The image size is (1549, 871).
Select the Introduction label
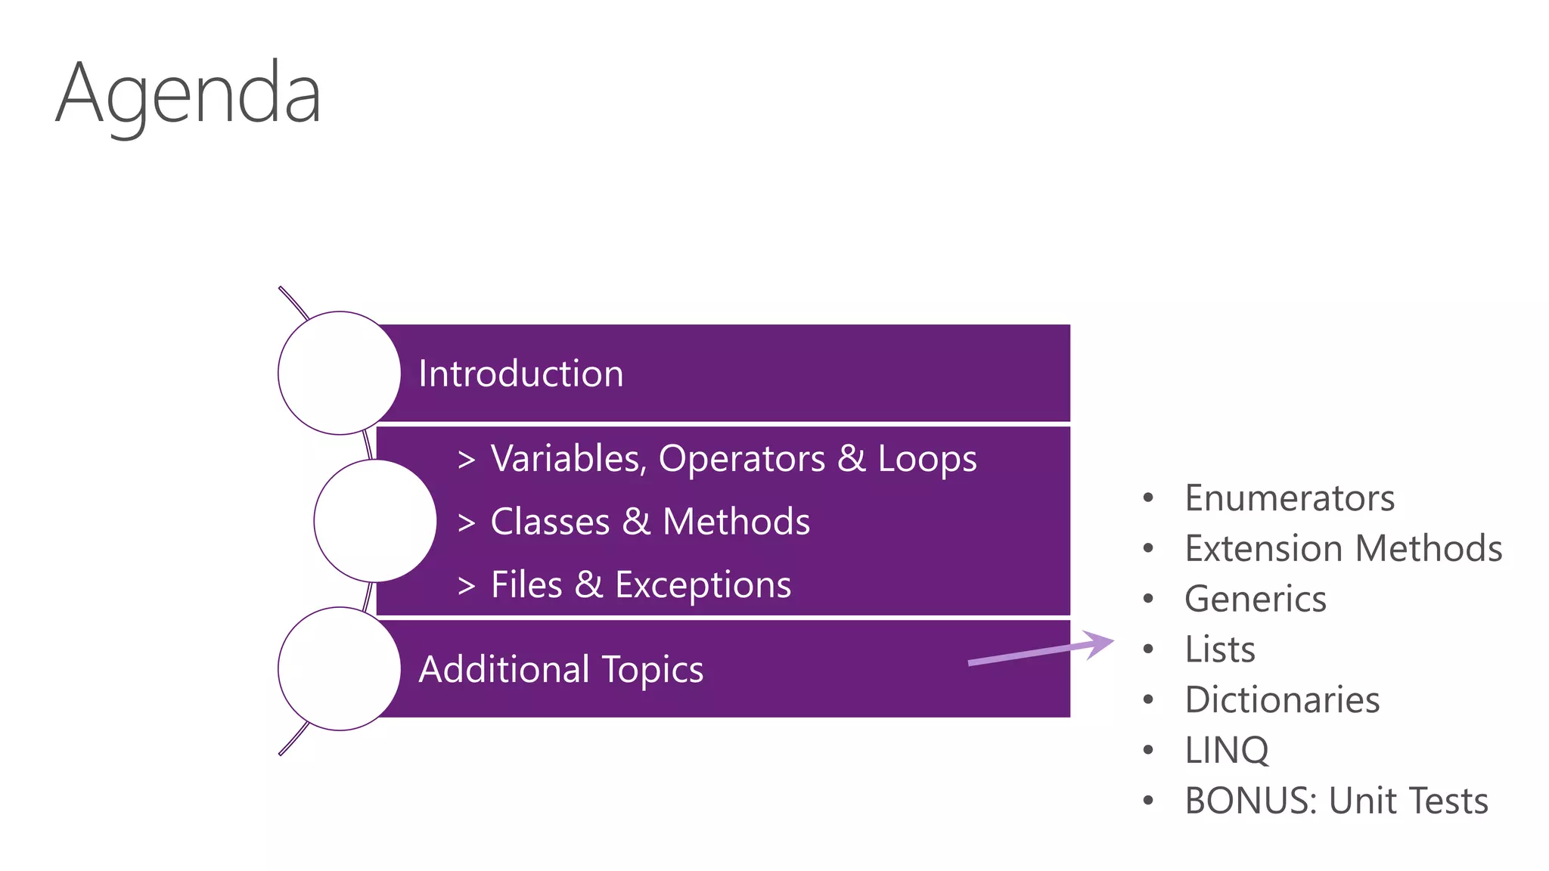point(520,374)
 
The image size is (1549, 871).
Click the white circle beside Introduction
point(339,373)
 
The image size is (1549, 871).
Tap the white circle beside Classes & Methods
point(375,521)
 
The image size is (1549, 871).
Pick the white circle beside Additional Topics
point(339,668)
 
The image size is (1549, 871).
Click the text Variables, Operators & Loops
point(733,459)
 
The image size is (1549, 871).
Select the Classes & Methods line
point(650,522)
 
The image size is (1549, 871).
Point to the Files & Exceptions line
point(641,584)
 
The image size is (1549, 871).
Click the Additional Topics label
point(560,669)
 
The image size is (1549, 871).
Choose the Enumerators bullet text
point(1290,498)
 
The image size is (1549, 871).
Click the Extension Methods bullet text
point(1343,548)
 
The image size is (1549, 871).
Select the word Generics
point(1256,599)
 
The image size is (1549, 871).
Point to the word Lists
point(1220,649)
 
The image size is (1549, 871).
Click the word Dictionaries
point(1282,700)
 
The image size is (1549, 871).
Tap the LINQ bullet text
point(1227,750)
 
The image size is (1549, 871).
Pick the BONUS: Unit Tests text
point(1336,801)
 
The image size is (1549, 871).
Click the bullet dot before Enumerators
point(1148,497)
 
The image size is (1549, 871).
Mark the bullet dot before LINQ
point(1148,750)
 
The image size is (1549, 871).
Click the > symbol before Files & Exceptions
point(467,585)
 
